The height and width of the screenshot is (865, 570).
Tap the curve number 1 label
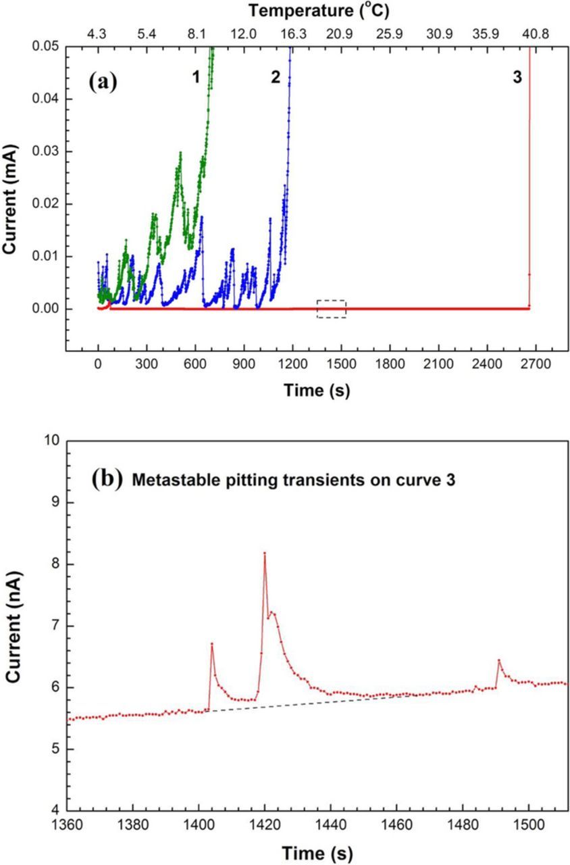(196, 78)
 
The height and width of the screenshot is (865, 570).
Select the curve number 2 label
(276, 78)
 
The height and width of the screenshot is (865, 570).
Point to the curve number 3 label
(517, 78)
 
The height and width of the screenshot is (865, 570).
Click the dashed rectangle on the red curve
(332, 308)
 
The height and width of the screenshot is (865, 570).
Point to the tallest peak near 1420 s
(265, 553)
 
